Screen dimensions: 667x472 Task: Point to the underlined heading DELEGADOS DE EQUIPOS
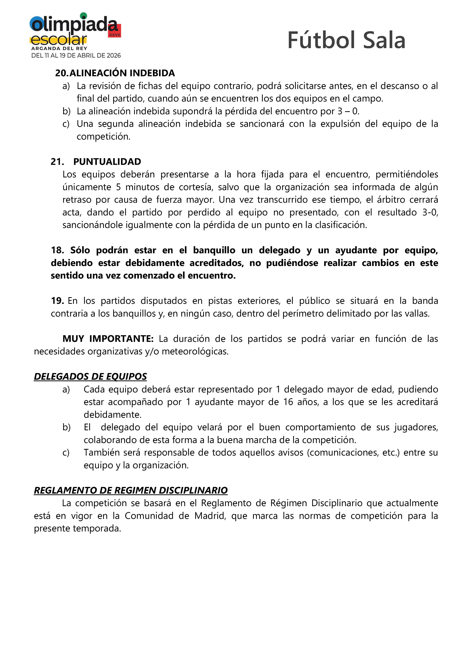point(90,376)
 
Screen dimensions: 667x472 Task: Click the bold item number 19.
point(57,301)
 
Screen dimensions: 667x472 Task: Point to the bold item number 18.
point(57,250)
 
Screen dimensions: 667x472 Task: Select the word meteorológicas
point(195,352)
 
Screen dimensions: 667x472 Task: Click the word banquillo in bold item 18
point(214,250)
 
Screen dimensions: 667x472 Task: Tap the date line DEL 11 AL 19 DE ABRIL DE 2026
point(76,56)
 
